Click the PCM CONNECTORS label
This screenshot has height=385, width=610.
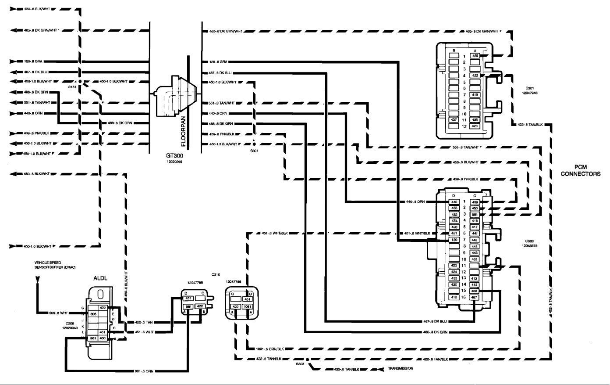[581, 171]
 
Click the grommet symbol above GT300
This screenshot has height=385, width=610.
[175, 97]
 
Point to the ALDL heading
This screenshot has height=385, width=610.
[100, 278]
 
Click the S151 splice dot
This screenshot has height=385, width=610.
[80, 82]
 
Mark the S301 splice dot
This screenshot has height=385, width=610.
[254, 144]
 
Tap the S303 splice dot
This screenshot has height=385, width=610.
[308, 360]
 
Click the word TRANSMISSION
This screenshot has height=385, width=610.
[400, 369]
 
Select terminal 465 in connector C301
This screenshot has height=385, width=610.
[475, 56]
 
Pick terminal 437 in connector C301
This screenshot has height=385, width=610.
[454, 120]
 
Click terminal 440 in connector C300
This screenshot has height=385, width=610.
[454, 202]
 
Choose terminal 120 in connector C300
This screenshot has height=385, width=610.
[454, 240]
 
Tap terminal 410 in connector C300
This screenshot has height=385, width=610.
[454, 297]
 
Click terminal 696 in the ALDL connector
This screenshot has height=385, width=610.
[93, 314]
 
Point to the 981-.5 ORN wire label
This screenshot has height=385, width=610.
[144, 371]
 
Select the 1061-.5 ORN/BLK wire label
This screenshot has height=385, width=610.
[270, 349]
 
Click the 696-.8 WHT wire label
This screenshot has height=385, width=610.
[58, 313]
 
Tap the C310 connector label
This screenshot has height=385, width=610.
[216, 275]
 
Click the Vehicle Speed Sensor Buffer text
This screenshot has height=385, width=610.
[54, 265]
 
